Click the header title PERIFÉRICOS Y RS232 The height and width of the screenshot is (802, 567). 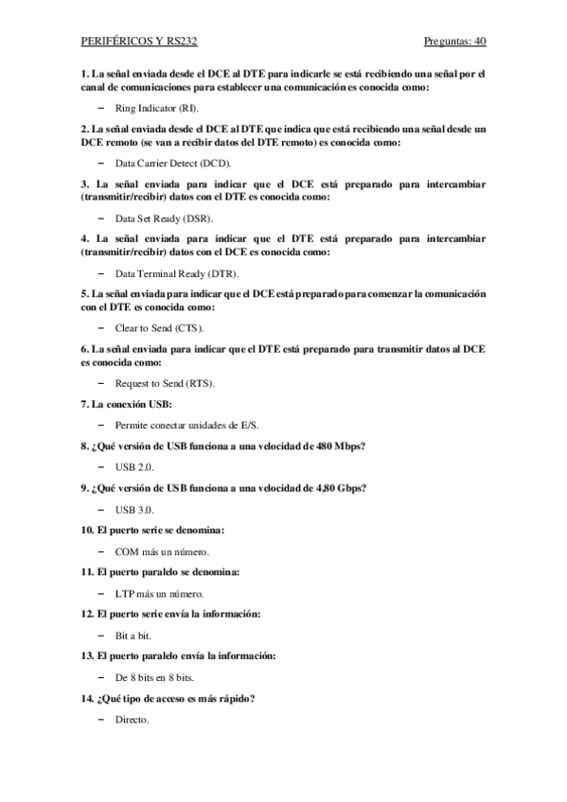coord(139,43)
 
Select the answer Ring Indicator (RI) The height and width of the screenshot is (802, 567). coord(156,109)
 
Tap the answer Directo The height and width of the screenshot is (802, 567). coord(132,722)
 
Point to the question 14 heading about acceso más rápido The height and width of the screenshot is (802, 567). coord(168,700)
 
